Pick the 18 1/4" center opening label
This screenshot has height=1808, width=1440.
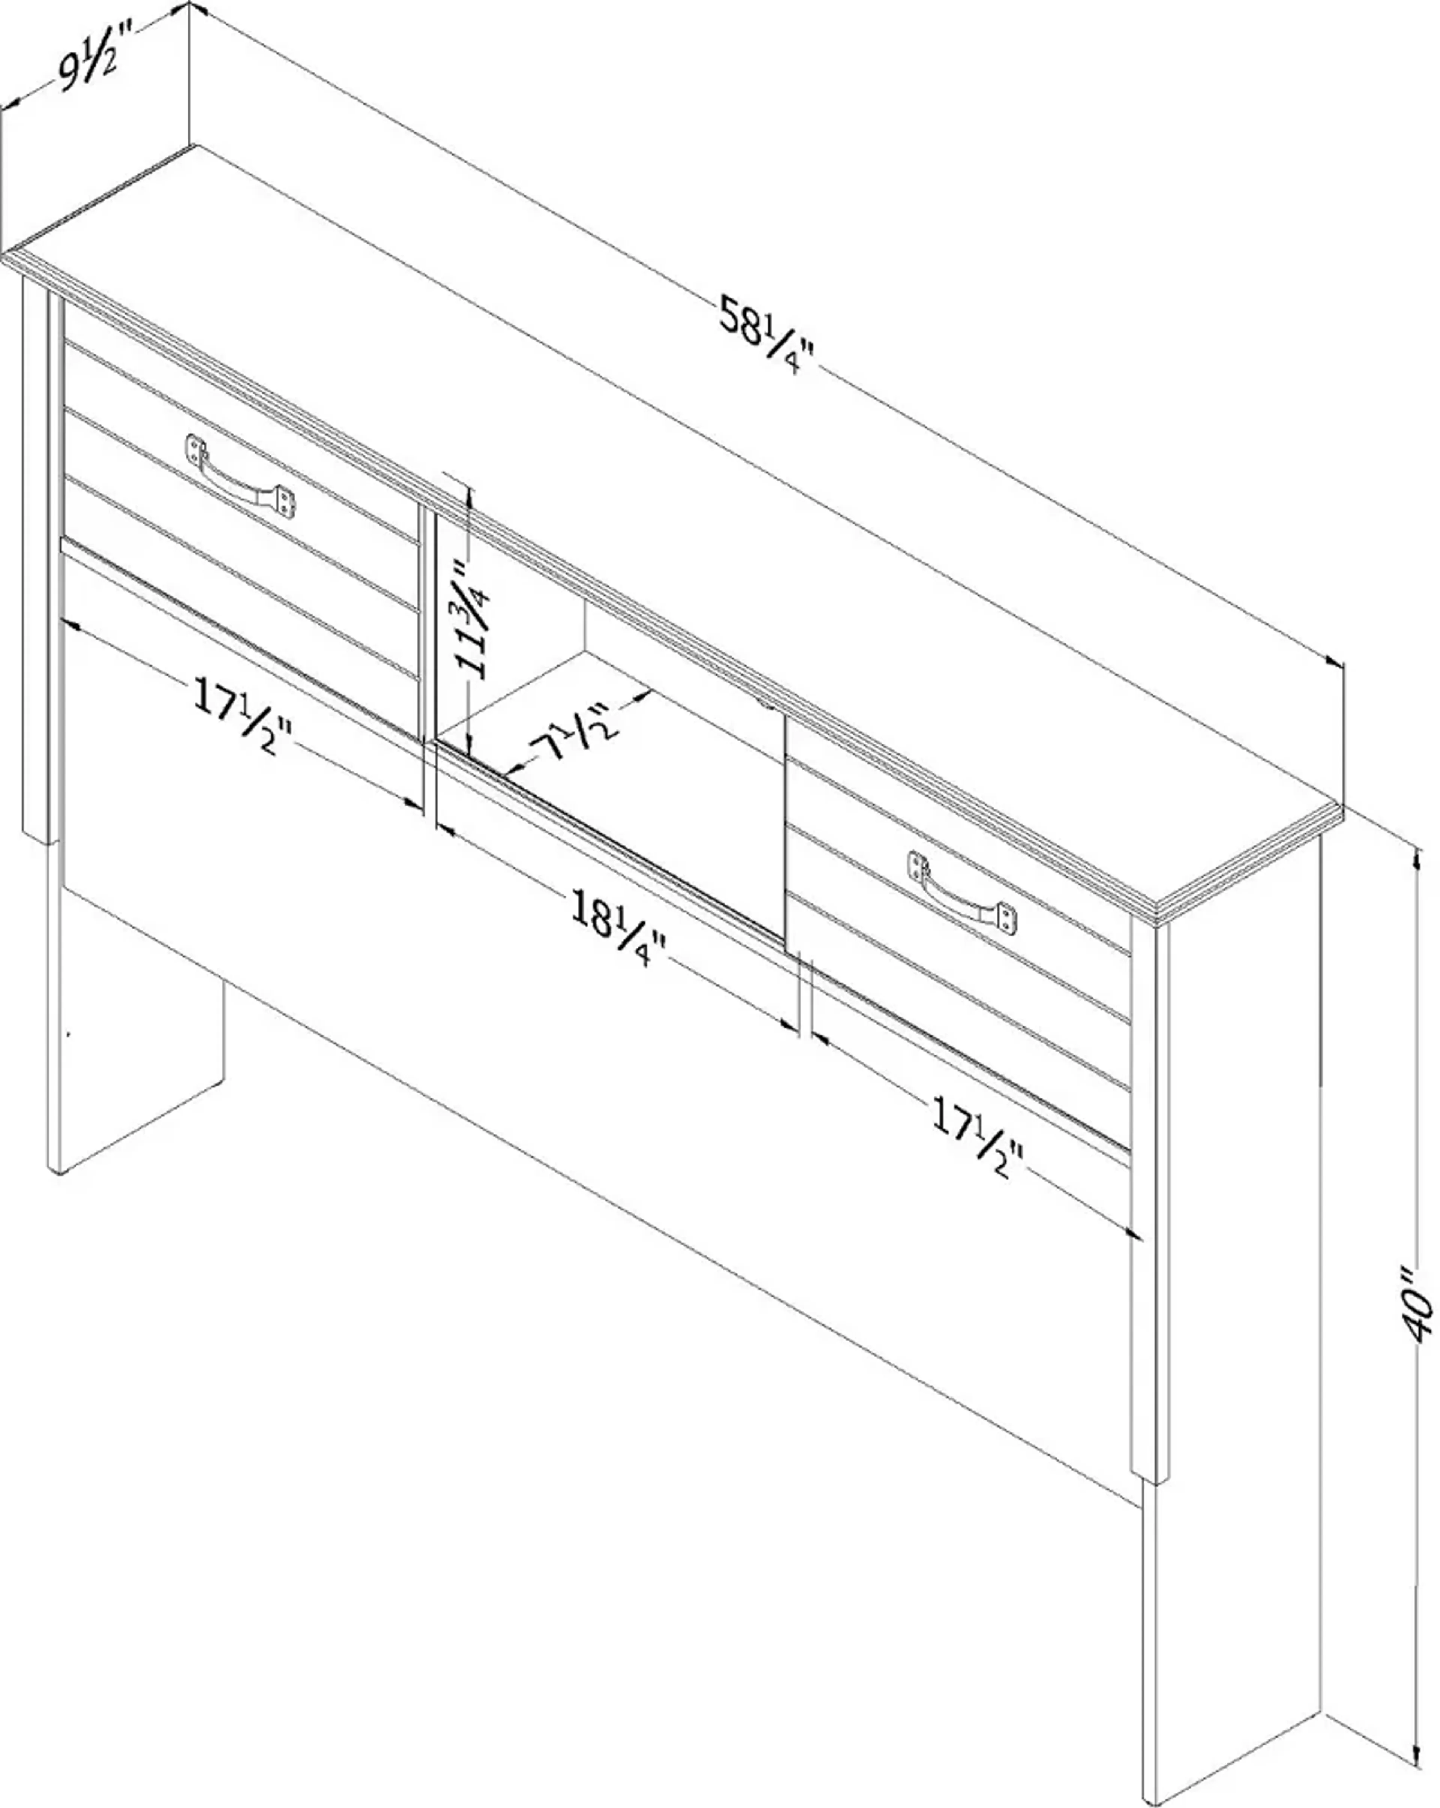click(x=617, y=925)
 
